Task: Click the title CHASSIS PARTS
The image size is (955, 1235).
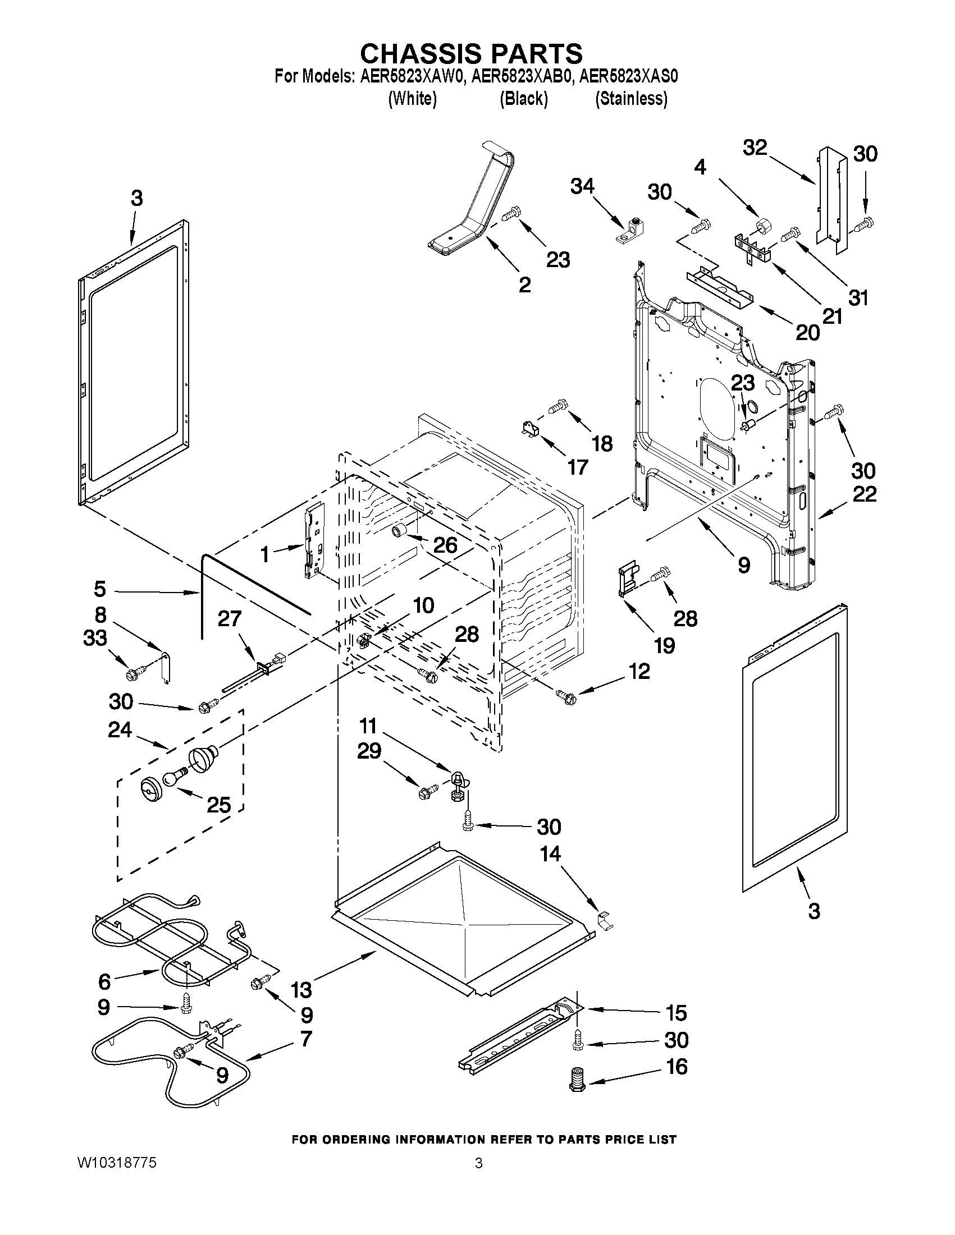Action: pyautogui.click(x=471, y=53)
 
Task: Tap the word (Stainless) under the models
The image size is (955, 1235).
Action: pyautogui.click(x=631, y=99)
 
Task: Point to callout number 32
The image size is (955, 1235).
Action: pyautogui.click(x=755, y=148)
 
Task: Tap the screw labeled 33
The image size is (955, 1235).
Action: pyautogui.click(x=136, y=673)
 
